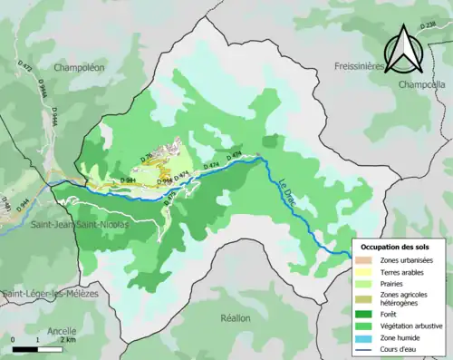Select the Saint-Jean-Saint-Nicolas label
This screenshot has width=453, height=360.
(80, 223)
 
